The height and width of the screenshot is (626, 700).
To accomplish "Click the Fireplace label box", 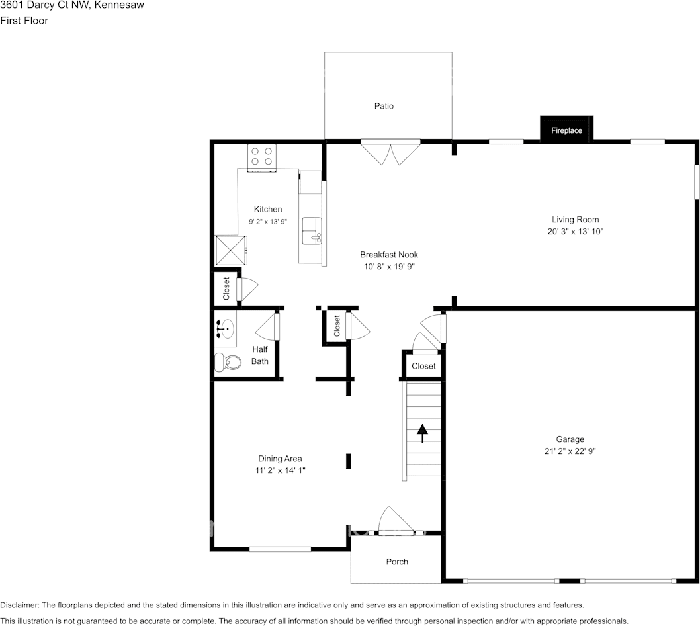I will [567, 130].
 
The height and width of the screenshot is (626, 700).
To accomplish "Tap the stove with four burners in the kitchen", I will [261, 157].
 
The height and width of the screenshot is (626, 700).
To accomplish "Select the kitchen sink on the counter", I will [311, 231].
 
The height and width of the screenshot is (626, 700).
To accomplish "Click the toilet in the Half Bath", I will [227, 362].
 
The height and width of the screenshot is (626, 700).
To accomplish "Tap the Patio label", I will [384, 106].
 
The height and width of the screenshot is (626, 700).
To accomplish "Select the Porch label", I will [397, 562].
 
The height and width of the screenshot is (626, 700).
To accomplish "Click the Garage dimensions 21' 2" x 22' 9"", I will [570, 451].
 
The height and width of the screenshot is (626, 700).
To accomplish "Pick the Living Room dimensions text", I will [570, 232].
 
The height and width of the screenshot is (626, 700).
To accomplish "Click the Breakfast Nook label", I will [389, 255].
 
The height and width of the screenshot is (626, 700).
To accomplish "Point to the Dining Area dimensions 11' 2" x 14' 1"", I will [280, 470].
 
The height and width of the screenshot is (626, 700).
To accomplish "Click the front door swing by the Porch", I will [390, 520].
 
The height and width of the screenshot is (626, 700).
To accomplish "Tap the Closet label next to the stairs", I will [423, 366].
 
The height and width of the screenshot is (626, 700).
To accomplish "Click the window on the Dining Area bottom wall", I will [280, 549].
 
